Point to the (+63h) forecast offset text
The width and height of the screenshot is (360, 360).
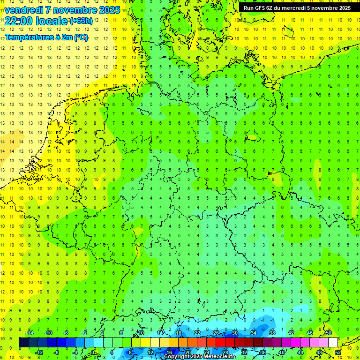(x=81, y=21)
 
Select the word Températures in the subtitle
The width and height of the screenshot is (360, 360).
(x=28, y=37)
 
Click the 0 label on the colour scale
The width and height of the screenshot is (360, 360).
(x=93, y=352)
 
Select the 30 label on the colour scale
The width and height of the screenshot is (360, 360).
(x=234, y=332)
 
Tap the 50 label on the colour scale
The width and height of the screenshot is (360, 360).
(x=328, y=332)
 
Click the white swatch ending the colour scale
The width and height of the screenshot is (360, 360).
(x=333, y=342)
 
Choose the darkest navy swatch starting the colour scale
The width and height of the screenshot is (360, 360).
(x=23, y=342)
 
